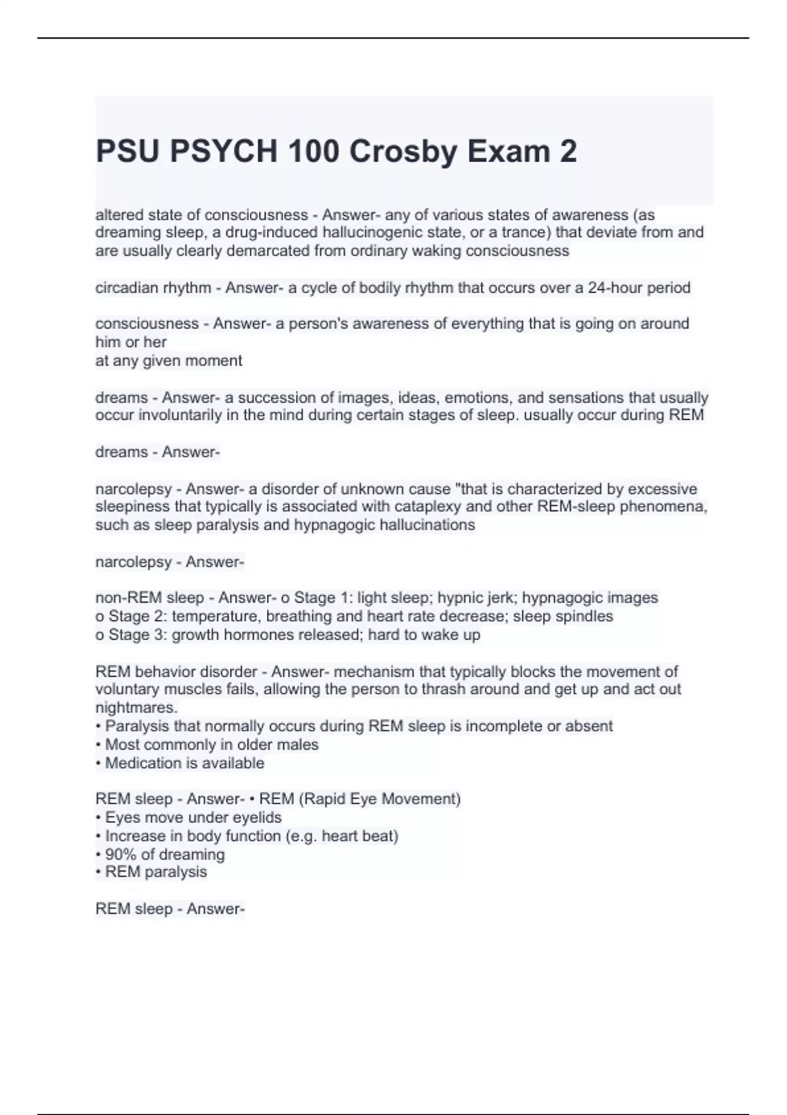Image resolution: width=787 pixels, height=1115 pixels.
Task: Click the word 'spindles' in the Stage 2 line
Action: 586,617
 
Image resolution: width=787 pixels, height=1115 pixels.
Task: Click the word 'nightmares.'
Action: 136,708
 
